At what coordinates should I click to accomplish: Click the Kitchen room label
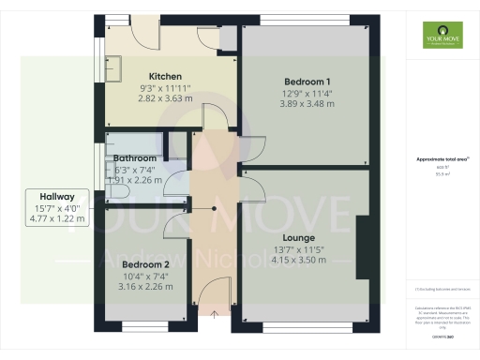[165, 76]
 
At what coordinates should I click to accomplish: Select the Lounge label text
[299, 238]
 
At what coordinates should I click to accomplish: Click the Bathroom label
[136, 158]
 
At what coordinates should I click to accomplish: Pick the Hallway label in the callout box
[57, 196]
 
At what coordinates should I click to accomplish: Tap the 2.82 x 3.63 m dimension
[165, 97]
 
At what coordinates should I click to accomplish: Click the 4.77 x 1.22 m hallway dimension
[57, 219]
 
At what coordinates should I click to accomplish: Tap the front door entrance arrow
[215, 317]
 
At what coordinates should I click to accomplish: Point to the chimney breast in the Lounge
[362, 247]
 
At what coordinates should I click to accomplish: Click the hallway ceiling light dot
[215, 209]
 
